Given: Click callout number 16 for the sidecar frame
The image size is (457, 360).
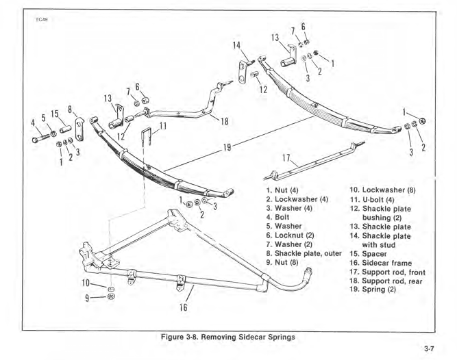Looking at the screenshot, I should [x=183, y=307].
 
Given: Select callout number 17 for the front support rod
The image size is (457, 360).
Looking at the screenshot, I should [x=286, y=160].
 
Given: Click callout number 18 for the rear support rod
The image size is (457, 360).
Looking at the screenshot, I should [x=224, y=121].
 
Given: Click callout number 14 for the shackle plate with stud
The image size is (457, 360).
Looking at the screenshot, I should [x=236, y=47].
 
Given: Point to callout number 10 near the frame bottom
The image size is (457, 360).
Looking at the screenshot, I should [x=85, y=283].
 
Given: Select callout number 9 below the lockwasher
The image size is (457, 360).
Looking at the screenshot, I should [x=86, y=297].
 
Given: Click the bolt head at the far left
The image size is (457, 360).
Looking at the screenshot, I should [x=36, y=138].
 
